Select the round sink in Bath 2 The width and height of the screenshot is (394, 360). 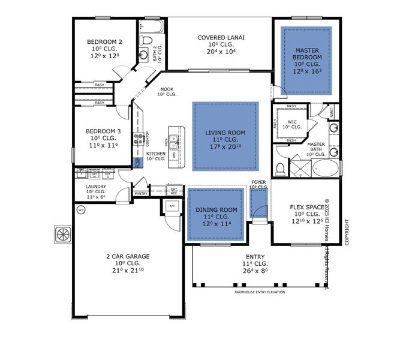click(x=145, y=55)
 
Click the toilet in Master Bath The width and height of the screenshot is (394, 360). click(x=280, y=166)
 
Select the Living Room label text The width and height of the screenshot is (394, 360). click(x=225, y=132)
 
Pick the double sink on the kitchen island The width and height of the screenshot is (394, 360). click(x=173, y=141)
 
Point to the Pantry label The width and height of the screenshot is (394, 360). click(x=142, y=193)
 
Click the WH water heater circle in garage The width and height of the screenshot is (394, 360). click(x=80, y=210)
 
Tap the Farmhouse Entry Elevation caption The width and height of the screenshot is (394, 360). click(x=259, y=292)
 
